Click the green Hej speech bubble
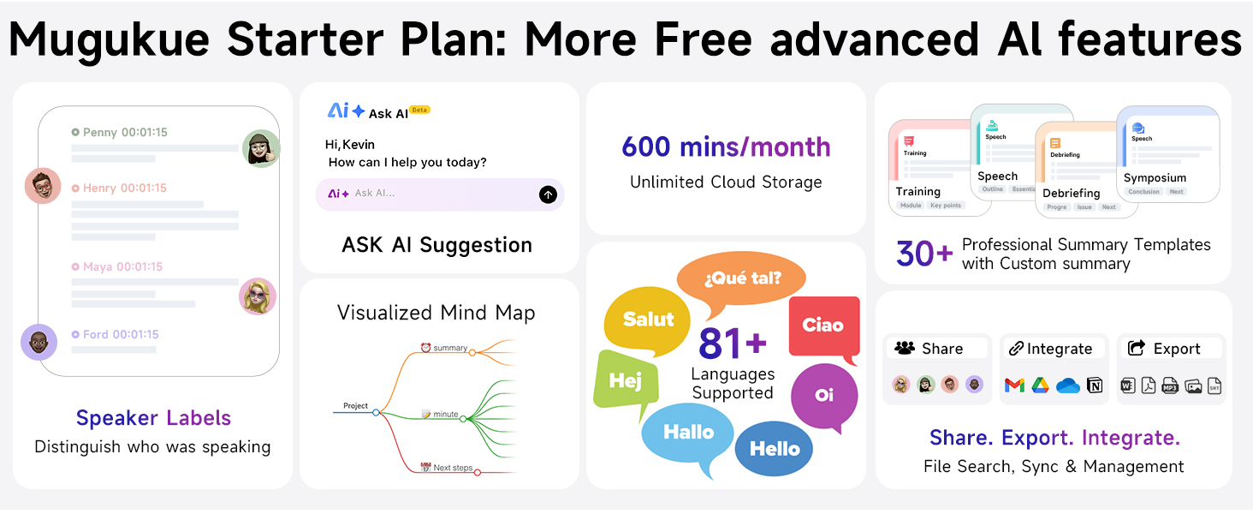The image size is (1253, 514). tap(626, 382)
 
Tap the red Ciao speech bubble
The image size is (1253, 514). tap(823, 326)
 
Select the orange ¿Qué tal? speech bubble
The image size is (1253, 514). tap(742, 277)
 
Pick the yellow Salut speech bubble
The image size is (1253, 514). tap(648, 320)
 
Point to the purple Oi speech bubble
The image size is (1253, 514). tap(824, 396)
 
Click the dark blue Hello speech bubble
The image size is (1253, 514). tap(775, 448)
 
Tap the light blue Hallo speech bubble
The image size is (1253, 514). tap(688, 432)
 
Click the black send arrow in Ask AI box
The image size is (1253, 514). tap(548, 194)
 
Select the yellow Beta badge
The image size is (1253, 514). tap(419, 110)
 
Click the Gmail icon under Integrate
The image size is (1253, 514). tap(1014, 385)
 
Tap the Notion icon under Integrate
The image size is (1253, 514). tap(1095, 385)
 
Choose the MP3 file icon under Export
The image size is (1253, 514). tap(1170, 385)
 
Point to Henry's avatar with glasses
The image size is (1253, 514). tap(43, 186)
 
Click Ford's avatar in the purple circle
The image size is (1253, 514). tap(39, 343)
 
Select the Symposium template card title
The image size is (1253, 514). tap(1155, 178)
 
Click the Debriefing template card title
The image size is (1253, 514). tap(1071, 193)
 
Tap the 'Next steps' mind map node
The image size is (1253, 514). tap(453, 468)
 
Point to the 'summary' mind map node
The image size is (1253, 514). tap(449, 348)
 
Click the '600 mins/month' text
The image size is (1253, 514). tap(726, 146)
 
